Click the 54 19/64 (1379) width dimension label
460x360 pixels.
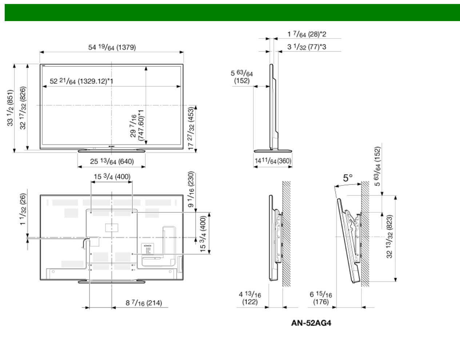tap(112, 47)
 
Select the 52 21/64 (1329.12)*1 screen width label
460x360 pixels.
tap(81, 81)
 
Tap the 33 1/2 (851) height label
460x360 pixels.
tap(11, 108)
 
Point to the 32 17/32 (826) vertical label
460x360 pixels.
tap(23, 108)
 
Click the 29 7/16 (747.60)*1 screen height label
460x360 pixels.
tap(137, 125)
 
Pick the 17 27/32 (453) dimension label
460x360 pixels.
tap(191, 128)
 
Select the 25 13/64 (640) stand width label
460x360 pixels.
tap(112, 161)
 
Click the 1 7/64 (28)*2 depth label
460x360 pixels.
tap(307, 34)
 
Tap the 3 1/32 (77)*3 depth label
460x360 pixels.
tap(307, 47)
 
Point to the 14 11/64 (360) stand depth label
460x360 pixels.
tap(273, 161)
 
